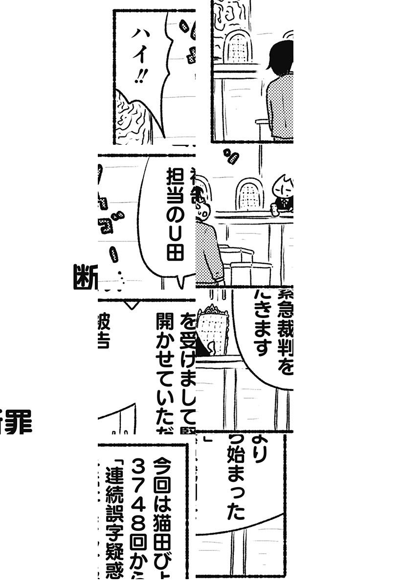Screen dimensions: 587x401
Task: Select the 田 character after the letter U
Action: [x=174, y=254]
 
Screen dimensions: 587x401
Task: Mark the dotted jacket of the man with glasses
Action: [x=209, y=254]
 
